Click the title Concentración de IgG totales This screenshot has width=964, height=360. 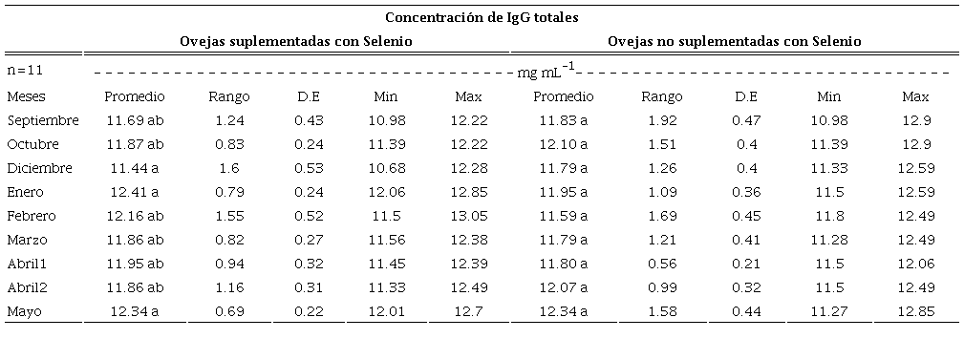tap(482, 17)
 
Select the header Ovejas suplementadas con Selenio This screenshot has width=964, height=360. tap(297, 41)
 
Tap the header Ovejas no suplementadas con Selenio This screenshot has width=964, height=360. tap(735, 41)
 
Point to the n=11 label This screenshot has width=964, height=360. tap(24, 71)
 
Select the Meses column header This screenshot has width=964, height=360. tap(26, 96)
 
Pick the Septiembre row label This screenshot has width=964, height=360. tap(43, 120)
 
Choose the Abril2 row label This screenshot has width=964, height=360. tap(32, 287)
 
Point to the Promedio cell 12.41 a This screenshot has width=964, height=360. tap(135, 192)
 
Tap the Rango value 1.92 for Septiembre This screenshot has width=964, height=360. tap(662, 120)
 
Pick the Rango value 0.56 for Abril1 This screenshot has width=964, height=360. tap(662, 264)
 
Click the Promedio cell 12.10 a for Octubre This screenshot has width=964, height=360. tap(563, 144)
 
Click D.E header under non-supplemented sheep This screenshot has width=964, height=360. tap(746, 96)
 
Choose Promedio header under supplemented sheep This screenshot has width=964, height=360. tap(135, 96)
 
